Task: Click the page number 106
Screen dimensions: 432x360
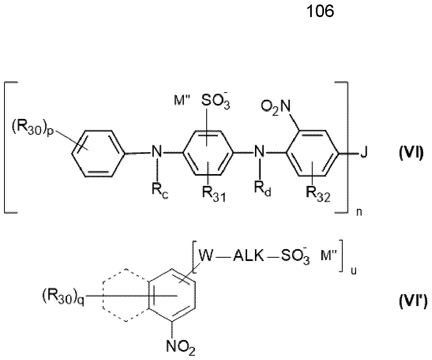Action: point(320,11)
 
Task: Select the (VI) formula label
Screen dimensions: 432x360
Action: point(411,153)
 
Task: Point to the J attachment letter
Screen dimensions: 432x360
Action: point(364,152)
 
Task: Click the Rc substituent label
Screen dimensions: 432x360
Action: point(160,192)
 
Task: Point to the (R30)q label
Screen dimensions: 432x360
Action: point(63,297)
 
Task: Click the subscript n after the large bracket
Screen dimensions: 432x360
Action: point(359,213)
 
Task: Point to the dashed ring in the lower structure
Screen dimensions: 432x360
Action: point(103,295)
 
